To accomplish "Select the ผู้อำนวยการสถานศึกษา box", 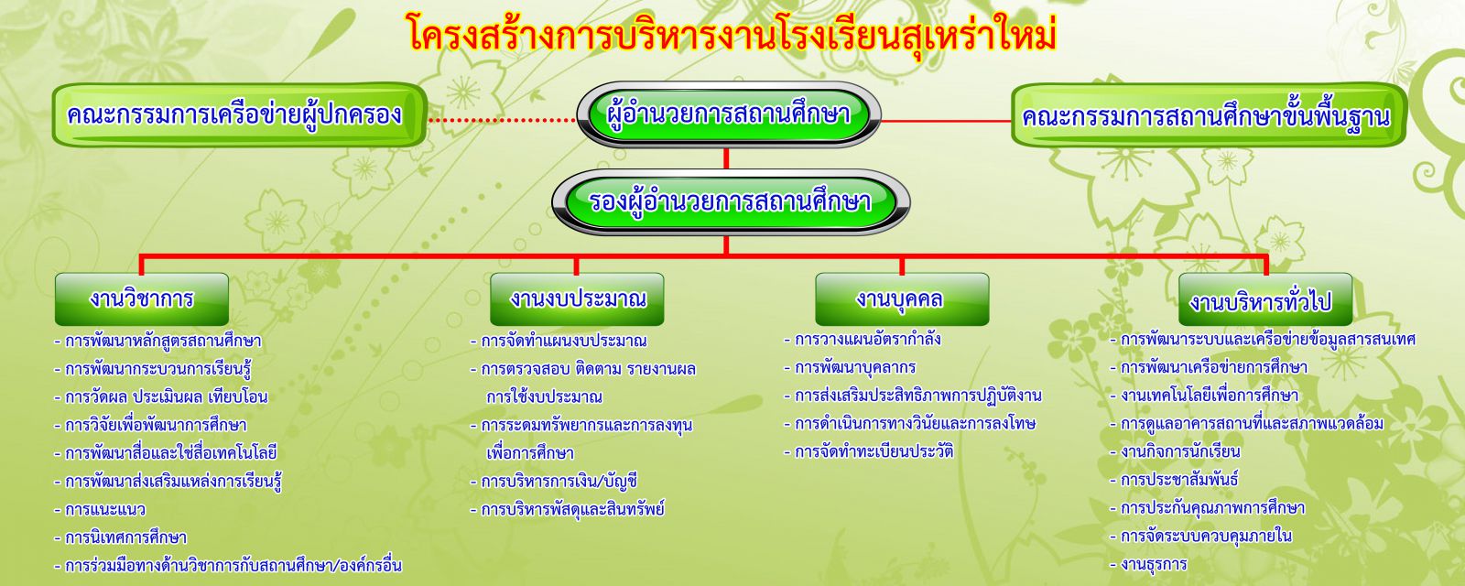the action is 729,114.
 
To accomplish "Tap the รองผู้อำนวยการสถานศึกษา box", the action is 731,201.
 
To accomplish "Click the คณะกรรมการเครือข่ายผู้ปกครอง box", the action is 239,115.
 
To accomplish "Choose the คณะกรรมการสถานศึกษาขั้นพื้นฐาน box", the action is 1209,115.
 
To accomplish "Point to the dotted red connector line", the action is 502,120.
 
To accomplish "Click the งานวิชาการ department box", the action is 142,298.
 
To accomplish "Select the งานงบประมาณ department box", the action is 577,298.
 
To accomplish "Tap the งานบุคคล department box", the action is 902,298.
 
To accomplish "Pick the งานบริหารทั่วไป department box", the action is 1265,298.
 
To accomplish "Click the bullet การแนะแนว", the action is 100,509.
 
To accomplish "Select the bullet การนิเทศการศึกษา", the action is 120,537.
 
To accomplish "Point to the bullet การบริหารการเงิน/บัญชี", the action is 553,482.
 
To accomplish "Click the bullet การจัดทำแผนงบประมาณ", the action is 559,341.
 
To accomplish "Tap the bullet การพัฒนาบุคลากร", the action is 851,367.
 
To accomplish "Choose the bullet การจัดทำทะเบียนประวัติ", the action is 869,451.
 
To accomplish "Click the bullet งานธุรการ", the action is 1148,564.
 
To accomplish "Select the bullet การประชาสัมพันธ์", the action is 1175,480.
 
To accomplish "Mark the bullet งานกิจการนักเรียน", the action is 1176,452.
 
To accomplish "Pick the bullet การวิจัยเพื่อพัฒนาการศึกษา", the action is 150,425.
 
